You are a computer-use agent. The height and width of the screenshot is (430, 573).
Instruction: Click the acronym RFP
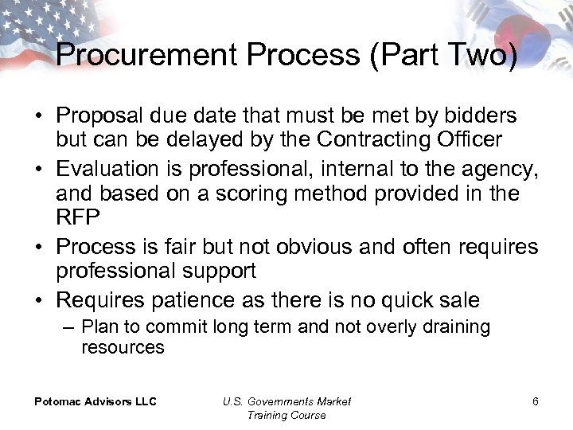[x=76, y=217]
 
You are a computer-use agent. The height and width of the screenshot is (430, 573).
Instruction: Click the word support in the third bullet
[x=218, y=271]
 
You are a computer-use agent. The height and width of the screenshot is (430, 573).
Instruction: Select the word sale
[x=458, y=300]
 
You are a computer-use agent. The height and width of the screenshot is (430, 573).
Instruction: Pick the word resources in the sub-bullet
[x=123, y=347]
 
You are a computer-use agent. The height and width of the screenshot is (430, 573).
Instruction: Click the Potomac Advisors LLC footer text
[x=95, y=401]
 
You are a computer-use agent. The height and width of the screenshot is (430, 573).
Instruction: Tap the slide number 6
[x=536, y=401]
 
